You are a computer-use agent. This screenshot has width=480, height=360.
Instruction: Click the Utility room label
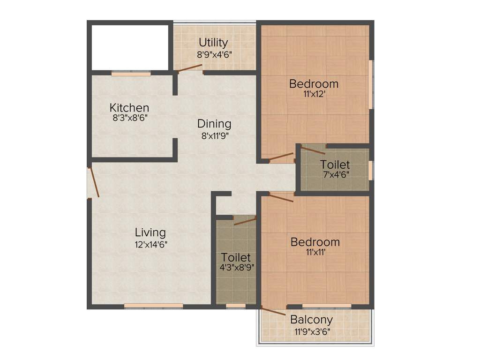pyautogui.click(x=213, y=42)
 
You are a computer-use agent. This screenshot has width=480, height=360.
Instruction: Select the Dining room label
pyautogui.click(x=214, y=124)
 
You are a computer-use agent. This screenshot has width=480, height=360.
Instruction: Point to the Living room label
pyautogui.click(x=150, y=232)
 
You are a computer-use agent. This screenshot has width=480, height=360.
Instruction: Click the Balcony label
pyautogui.click(x=312, y=320)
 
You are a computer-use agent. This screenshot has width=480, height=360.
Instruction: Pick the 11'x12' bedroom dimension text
pyautogui.click(x=314, y=94)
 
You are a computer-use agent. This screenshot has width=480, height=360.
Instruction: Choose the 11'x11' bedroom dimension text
pyautogui.click(x=315, y=252)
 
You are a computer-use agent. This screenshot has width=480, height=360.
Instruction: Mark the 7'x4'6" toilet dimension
pyautogui.click(x=335, y=174)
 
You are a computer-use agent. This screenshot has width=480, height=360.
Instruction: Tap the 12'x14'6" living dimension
pyautogui.click(x=150, y=244)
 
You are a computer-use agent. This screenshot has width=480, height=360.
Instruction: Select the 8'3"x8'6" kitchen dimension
pyautogui.click(x=130, y=118)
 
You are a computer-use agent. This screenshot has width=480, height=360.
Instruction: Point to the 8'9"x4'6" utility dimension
pyautogui.click(x=214, y=53)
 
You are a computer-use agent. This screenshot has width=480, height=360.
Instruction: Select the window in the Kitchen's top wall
pyautogui.click(x=131, y=73)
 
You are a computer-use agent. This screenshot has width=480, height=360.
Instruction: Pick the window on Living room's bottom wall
pyautogui.click(x=153, y=306)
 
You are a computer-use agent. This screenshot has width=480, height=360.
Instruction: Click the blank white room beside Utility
pyautogui.click(x=130, y=47)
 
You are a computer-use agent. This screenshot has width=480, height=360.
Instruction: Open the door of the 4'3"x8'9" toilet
pyautogui.click(x=245, y=221)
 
